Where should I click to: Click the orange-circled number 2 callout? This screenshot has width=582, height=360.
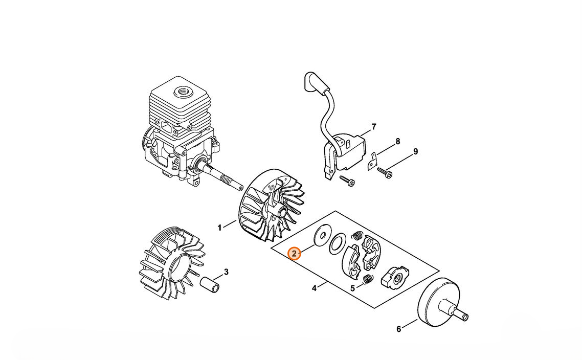click(295, 254)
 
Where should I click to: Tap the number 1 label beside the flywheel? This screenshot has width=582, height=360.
click(220, 228)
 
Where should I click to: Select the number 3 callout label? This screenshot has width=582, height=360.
click(226, 272)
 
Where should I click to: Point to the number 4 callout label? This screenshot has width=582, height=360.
click(314, 288)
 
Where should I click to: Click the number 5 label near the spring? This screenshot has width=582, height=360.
click(352, 287)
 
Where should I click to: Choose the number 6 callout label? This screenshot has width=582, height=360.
click(398, 329)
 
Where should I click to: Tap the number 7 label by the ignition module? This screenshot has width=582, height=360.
click(374, 127)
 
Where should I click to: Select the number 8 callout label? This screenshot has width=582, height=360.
click(398, 142)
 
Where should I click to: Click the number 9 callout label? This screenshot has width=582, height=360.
click(415, 151)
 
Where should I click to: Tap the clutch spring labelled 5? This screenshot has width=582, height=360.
click(368, 279)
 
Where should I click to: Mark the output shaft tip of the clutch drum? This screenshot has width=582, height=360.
click(465, 318)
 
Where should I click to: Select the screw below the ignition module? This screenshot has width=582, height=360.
click(347, 181)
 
